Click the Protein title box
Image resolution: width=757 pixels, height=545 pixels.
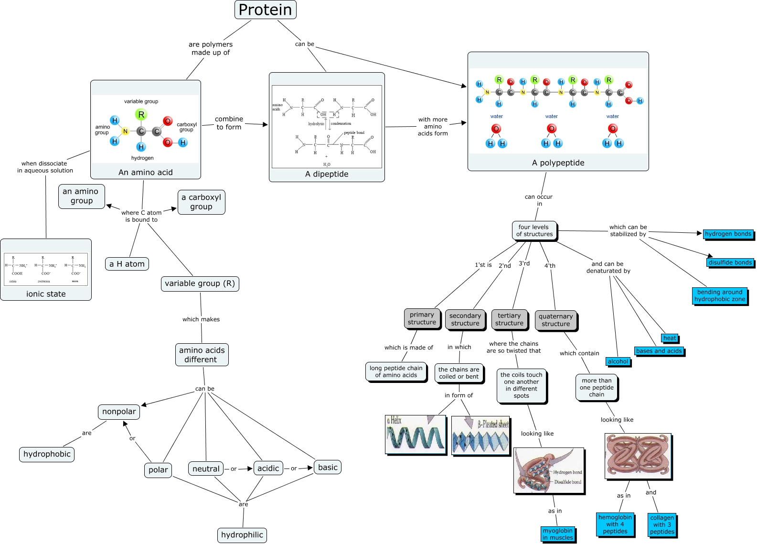[265, 10]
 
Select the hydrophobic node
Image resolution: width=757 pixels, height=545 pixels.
[47, 454]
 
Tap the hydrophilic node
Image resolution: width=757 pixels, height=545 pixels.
[242, 535]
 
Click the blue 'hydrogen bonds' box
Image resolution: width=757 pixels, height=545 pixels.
[728, 234]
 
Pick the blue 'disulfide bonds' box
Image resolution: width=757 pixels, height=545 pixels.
[730, 262]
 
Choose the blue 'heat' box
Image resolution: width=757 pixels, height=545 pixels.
[670, 338]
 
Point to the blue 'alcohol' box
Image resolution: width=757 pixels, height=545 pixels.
[618, 361]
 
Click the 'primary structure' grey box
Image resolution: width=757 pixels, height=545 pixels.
[422, 318]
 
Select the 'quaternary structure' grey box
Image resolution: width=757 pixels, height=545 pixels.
[555, 320]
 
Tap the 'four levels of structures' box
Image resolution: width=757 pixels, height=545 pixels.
[534, 230]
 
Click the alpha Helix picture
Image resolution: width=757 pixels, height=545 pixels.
[416, 434]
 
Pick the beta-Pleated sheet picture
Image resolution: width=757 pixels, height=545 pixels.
[480, 435]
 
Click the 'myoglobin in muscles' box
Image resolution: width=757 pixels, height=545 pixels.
[557, 534]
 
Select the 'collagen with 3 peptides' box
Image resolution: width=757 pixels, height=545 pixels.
[662, 524]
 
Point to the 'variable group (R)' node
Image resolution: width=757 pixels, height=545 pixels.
[200, 283]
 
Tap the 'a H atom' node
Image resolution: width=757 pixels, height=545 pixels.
[127, 264]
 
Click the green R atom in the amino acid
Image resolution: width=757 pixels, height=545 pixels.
[141, 115]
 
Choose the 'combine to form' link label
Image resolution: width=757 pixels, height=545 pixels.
[229, 123]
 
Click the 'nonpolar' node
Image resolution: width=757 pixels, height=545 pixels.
[119, 412]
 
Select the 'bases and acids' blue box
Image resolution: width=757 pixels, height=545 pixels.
[659, 351]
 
